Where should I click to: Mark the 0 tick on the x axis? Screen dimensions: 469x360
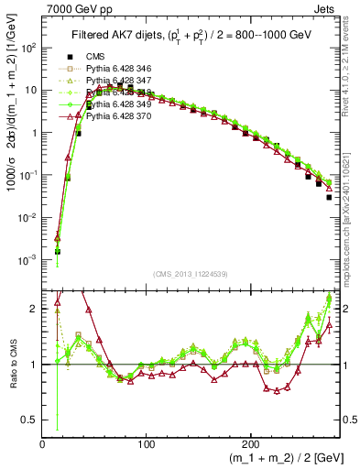(x=43, y=442)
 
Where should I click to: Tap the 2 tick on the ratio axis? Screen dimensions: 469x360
(x=35, y=309)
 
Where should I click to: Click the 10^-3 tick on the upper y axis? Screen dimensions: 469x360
(x=29, y=259)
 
